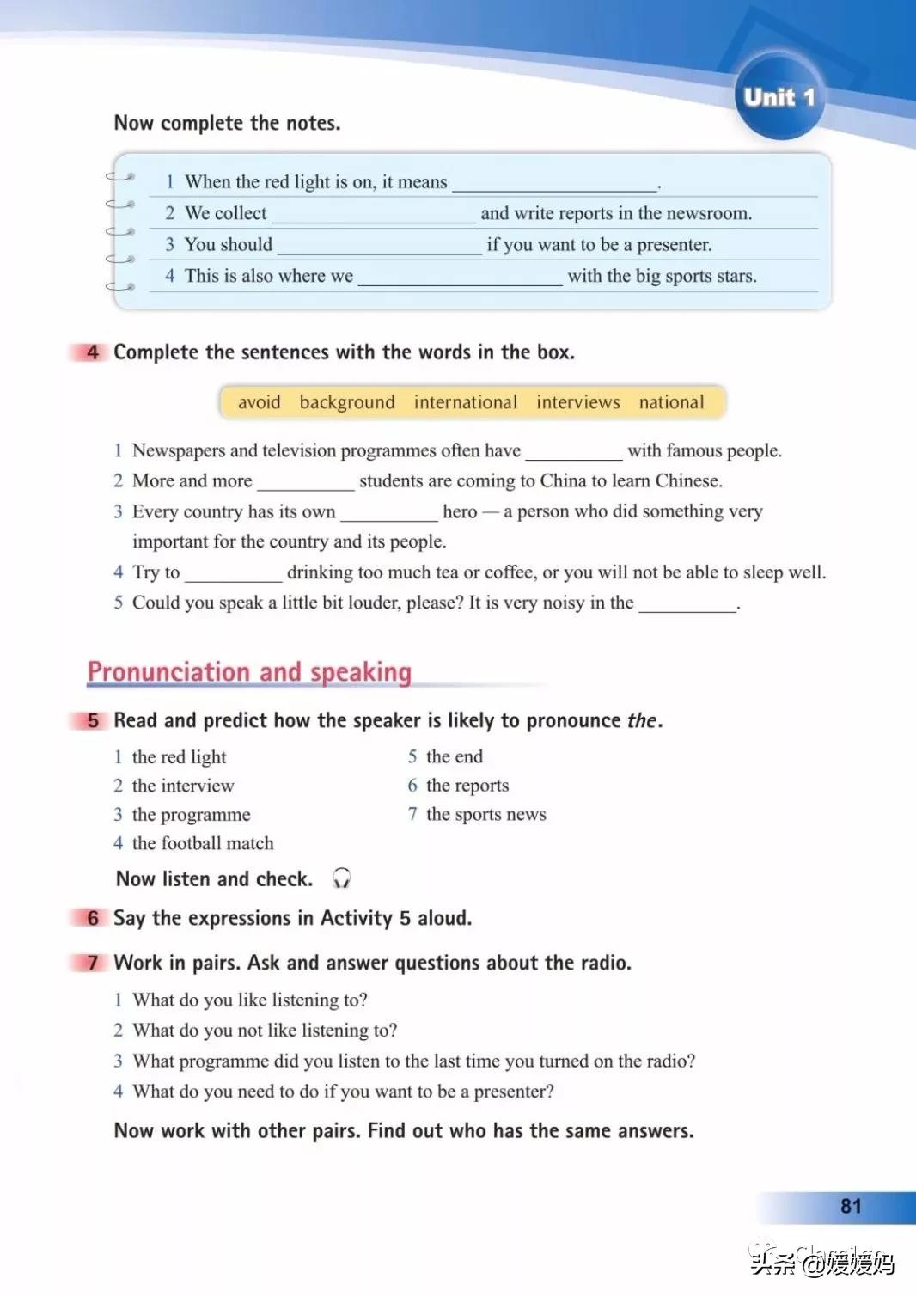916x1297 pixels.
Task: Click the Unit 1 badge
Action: coord(779,97)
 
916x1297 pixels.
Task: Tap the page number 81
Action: coord(851,1206)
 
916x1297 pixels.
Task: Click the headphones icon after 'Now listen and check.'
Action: coord(341,878)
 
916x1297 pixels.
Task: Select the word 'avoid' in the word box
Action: coord(259,402)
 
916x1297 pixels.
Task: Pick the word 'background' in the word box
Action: coord(347,402)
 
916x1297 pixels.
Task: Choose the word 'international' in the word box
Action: coord(466,402)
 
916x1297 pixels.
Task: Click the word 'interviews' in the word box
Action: coord(577,402)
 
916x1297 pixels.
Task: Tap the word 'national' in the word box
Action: coord(671,402)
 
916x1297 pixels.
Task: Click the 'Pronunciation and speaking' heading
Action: coord(250,672)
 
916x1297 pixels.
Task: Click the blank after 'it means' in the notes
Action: coord(554,184)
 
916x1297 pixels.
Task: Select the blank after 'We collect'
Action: coord(374,216)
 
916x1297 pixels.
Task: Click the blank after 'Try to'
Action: coord(233,575)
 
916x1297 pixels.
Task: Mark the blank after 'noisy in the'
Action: coord(687,605)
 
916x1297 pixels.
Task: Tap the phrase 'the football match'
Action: coord(203,843)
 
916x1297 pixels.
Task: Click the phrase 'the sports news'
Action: coord(485,814)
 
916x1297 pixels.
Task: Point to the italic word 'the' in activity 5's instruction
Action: coord(642,720)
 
